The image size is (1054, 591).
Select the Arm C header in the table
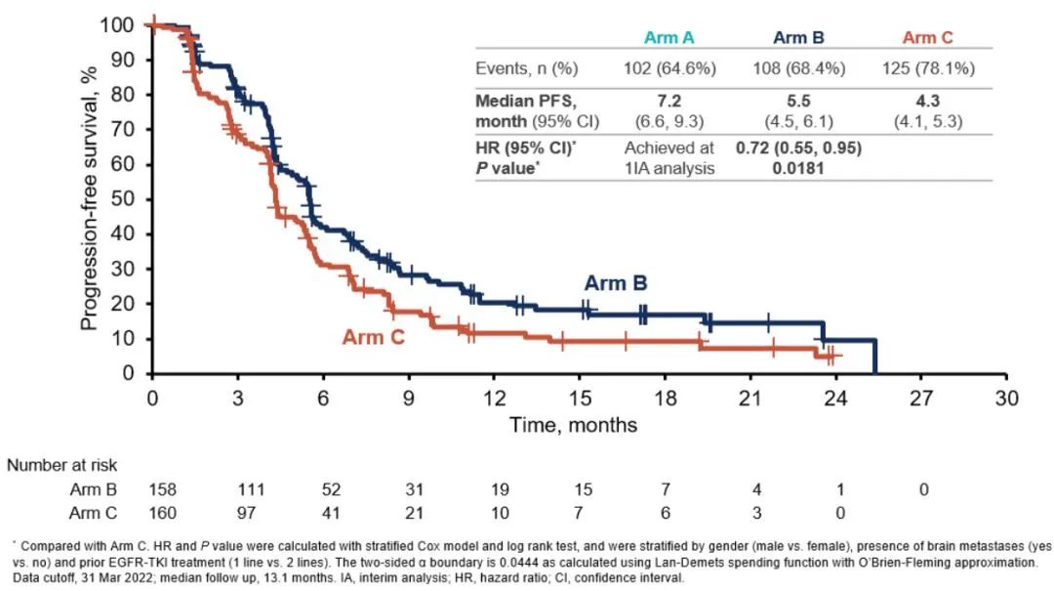click(x=927, y=38)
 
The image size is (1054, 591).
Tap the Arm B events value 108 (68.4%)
click(x=799, y=68)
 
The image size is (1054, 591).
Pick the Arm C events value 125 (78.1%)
click(x=927, y=68)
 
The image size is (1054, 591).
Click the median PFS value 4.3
click(x=927, y=101)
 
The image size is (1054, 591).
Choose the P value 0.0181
click(x=799, y=167)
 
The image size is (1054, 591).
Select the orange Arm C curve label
click(x=374, y=337)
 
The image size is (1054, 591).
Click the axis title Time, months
click(x=575, y=425)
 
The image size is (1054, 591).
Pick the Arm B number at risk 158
click(x=160, y=488)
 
